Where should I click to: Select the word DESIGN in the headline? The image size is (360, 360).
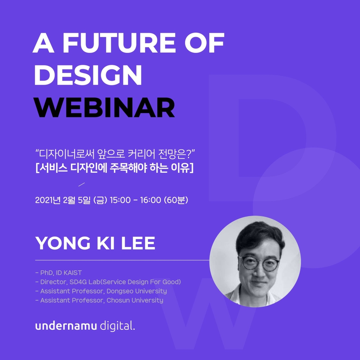[88, 75]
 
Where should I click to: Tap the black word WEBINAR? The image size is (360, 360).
[105, 107]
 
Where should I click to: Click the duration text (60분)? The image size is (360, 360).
[176, 200]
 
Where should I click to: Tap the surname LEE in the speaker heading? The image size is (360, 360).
[138, 243]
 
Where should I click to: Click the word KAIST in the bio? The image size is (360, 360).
[73, 273]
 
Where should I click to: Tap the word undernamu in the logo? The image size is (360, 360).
[66, 326]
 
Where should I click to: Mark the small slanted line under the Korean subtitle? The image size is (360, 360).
[81, 185]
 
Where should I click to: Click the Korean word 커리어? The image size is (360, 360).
[141, 154]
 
